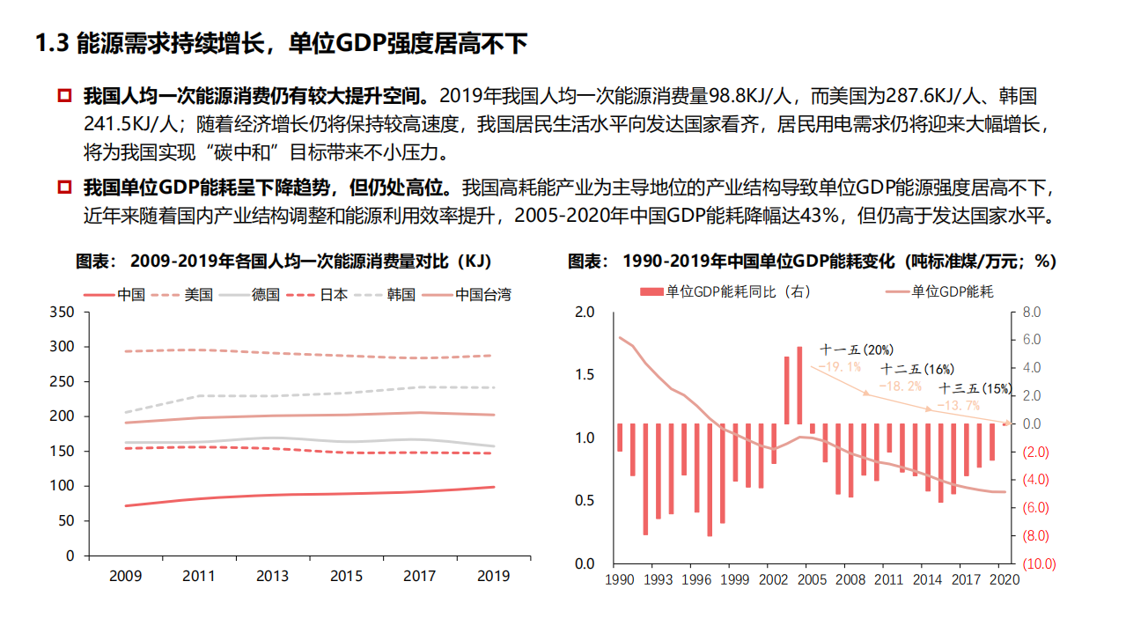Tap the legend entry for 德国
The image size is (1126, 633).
point(265,295)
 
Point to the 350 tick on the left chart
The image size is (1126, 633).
point(63,312)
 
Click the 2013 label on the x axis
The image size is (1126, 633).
point(272,577)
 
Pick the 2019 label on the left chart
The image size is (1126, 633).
point(493,577)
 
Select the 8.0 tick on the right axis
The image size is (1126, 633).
point(1032,312)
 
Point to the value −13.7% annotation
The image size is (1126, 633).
point(958,405)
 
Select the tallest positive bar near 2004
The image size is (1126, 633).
point(799,385)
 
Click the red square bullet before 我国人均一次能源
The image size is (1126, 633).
point(64,95)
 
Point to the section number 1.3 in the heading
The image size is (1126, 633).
point(51,45)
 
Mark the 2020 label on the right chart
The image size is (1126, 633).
point(1005,579)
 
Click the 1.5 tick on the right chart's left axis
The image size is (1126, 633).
point(585,375)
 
